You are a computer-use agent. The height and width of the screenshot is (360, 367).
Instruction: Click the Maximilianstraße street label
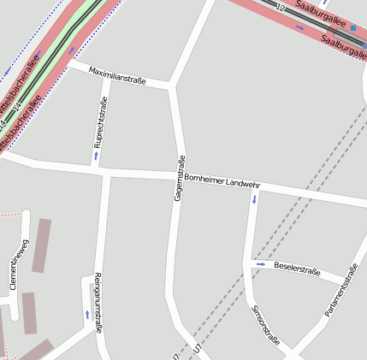click(118, 74)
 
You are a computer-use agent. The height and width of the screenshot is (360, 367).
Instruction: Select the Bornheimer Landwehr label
click(222, 182)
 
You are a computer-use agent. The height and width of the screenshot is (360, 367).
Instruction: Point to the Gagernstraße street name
click(180, 178)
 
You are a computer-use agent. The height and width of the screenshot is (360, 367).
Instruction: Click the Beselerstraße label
click(296, 268)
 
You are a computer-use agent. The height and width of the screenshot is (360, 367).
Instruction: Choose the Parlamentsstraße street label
click(340, 292)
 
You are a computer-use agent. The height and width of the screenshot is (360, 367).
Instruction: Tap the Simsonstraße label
click(266, 325)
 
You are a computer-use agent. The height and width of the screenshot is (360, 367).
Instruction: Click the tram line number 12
click(280, 8)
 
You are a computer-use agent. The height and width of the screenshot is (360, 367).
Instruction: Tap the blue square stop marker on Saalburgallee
click(352, 28)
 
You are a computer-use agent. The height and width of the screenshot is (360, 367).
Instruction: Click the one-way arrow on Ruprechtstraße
click(96, 156)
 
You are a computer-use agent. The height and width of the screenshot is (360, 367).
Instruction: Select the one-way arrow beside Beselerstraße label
click(261, 264)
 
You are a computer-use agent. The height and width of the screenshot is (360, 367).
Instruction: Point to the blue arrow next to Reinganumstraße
click(87, 315)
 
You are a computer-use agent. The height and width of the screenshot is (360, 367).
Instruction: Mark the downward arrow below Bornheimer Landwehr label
click(254, 199)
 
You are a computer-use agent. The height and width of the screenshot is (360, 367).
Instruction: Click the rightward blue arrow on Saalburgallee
click(299, 27)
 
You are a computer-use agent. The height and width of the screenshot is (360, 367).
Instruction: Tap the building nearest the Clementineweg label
click(41, 246)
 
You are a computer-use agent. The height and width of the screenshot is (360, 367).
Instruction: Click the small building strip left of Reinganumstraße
click(29, 313)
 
